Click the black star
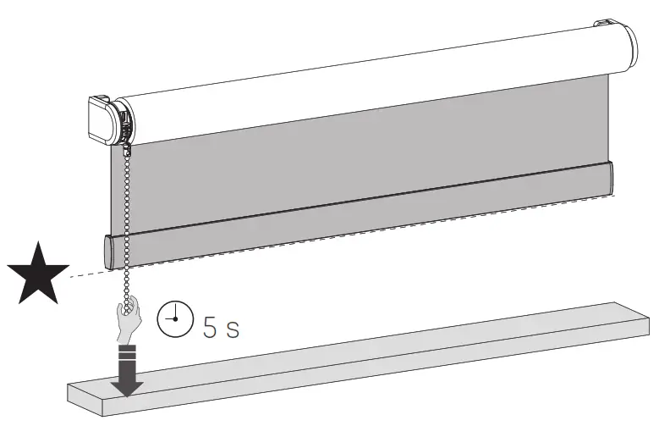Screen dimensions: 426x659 coord(38,273)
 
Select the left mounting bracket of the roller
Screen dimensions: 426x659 coord(102,119)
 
